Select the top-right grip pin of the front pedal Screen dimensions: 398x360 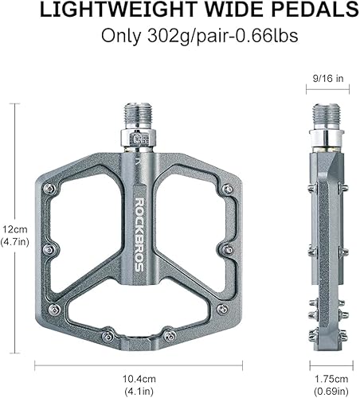tap(228, 189)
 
